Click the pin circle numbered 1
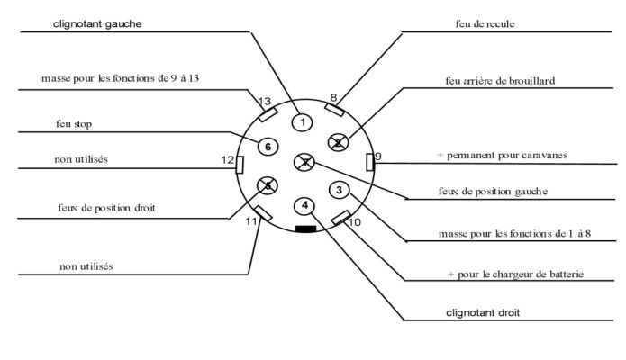pyautogui.click(x=304, y=121)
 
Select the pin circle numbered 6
pyautogui.click(x=267, y=147)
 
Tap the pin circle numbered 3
pyautogui.click(x=338, y=190)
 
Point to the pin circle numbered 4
pyautogui.click(x=305, y=205)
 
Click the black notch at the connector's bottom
pyautogui.click(x=306, y=229)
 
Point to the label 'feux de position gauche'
pyautogui.click(x=493, y=191)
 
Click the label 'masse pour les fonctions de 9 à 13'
pyautogui.click(x=120, y=78)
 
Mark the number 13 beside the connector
pyautogui.click(x=264, y=101)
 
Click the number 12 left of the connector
pyautogui.click(x=227, y=159)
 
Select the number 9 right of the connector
pyautogui.click(x=378, y=157)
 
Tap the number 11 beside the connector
pyautogui.click(x=251, y=220)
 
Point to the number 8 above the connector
pyautogui.click(x=333, y=97)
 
